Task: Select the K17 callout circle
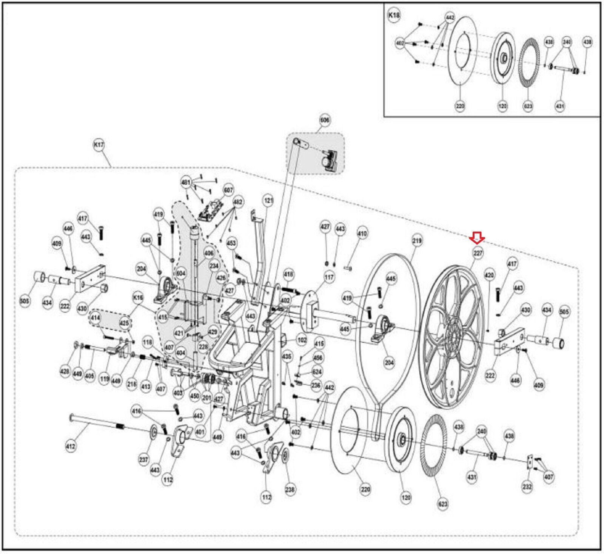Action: point(99,145)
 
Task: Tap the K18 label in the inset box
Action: point(394,15)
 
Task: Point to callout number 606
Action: point(325,120)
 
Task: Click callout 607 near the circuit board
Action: point(228,190)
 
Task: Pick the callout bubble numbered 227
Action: point(478,253)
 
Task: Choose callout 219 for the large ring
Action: point(417,240)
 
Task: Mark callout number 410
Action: point(362,234)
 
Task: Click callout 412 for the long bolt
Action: point(70,446)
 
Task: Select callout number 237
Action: point(143,460)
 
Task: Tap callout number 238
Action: point(290,489)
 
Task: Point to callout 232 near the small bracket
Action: point(527,487)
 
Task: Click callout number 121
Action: point(268,201)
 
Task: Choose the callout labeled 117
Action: point(329,278)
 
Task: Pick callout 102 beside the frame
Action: point(302,340)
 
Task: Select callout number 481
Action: point(186,183)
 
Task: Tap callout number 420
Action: point(489,275)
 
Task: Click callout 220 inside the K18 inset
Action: point(460,106)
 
